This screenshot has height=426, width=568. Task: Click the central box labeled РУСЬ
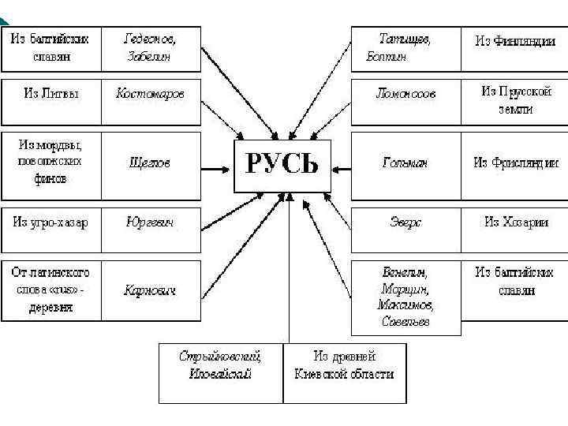click(x=282, y=165)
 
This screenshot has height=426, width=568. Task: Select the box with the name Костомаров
click(x=150, y=94)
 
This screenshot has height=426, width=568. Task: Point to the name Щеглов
click(x=150, y=163)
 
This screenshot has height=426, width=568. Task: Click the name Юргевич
click(x=150, y=222)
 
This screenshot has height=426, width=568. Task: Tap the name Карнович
click(x=150, y=290)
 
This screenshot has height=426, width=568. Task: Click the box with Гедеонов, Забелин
click(x=150, y=48)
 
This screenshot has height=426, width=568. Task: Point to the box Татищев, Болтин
click(x=405, y=48)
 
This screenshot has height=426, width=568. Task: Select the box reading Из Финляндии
click(x=514, y=42)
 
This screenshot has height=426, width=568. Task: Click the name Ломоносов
click(x=405, y=94)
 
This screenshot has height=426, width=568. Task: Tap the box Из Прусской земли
click(x=514, y=100)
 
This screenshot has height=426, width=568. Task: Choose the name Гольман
click(x=405, y=163)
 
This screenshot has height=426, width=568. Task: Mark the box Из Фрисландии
click(x=514, y=163)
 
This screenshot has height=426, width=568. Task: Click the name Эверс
click(x=405, y=222)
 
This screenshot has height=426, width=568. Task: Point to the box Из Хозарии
click(x=514, y=222)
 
